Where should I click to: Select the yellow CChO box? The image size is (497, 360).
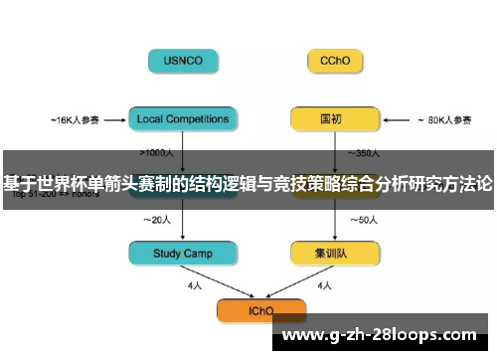pyautogui.click(x=335, y=61)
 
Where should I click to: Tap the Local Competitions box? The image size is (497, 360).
pyautogui.click(x=184, y=119)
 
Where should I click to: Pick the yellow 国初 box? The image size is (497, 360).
pyautogui.click(x=335, y=119)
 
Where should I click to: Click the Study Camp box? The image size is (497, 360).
pyautogui.click(x=184, y=254)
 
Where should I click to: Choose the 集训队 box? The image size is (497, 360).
pyautogui.click(x=335, y=254)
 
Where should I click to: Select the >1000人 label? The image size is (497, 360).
pyautogui.click(x=159, y=153)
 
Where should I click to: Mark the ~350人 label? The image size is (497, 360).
pyautogui.click(x=364, y=153)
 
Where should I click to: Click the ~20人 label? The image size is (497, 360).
pyautogui.click(x=158, y=219)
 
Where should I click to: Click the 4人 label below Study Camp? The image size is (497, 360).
pyautogui.click(x=195, y=285)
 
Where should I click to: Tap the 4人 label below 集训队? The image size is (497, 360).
pyautogui.click(x=324, y=285)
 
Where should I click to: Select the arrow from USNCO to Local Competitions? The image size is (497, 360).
pyautogui.click(x=184, y=90)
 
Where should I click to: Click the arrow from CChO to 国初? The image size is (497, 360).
pyautogui.click(x=335, y=90)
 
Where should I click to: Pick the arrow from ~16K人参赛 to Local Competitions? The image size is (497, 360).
pyautogui.click(x=114, y=120)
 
